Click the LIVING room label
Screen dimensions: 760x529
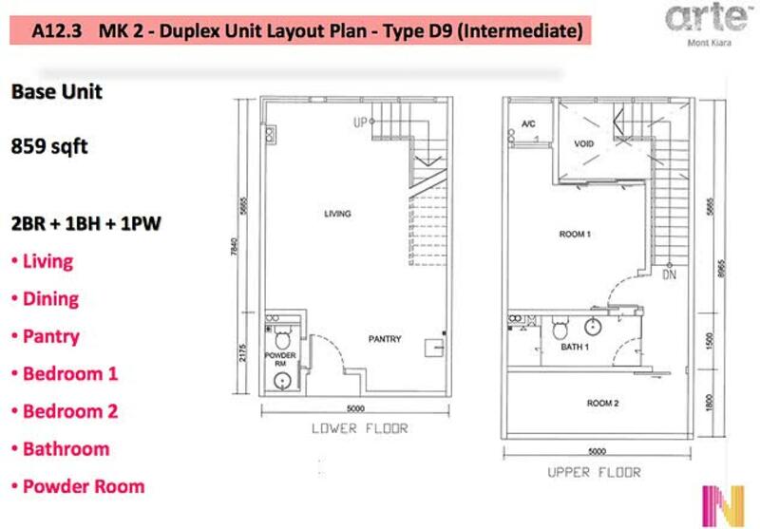[x=337, y=214]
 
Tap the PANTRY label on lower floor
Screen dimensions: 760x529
[x=385, y=339]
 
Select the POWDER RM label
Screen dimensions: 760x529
[x=279, y=359]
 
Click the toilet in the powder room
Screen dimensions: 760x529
[x=282, y=337]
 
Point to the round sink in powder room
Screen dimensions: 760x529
[x=281, y=381]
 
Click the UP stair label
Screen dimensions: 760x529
[x=360, y=123]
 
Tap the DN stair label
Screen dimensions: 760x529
[x=669, y=275]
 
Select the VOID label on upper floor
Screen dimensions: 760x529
[x=583, y=143]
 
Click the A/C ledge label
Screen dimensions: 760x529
[x=528, y=124]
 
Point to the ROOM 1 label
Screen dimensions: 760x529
[x=575, y=235]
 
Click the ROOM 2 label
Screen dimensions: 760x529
[x=602, y=403]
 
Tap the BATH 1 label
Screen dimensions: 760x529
[x=575, y=347]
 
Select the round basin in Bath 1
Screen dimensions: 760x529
[x=593, y=327]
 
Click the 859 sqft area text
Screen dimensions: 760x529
[x=49, y=146]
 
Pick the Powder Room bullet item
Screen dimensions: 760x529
[x=78, y=486]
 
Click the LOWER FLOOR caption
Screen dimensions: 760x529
[x=360, y=428]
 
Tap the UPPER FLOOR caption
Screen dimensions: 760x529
[x=595, y=472]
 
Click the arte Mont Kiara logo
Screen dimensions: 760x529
[x=708, y=25]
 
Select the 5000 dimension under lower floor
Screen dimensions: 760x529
[x=355, y=409]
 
